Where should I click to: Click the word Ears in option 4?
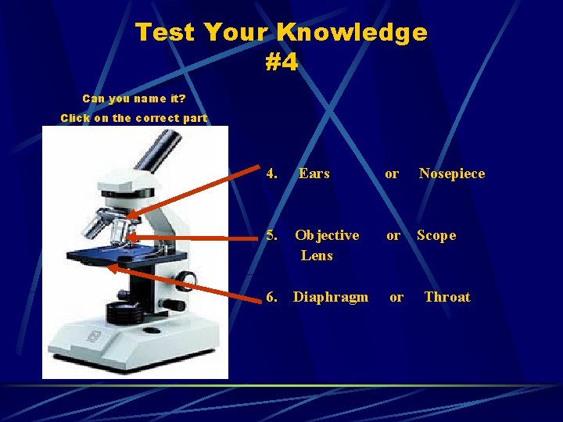pos(314,173)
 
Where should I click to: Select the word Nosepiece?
pos(451,173)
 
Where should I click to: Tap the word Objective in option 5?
pos(327,235)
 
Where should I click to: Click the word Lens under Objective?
pos(317,256)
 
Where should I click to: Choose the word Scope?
pos(436,235)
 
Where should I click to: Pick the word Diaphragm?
pos(330,297)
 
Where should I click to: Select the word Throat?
pos(446,297)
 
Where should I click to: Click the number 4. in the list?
pos(272,173)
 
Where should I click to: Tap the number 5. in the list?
pos(272,235)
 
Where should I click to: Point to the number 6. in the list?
pos(272,297)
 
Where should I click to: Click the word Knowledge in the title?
pos(351,33)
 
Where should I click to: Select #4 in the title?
pos(281,63)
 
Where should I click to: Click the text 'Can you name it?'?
pos(134,98)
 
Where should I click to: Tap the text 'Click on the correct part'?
pos(134,118)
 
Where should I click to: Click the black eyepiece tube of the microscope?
pos(160,152)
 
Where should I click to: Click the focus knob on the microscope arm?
pos(185,280)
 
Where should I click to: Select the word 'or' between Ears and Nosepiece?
pos(392,173)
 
